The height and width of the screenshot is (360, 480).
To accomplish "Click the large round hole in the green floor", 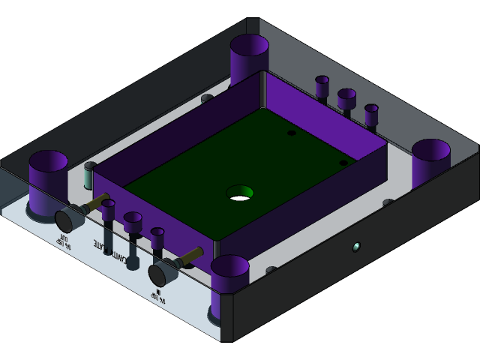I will point(240,193).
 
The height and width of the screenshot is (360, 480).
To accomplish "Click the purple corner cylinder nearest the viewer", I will point(229,281).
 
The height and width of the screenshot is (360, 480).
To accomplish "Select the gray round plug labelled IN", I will point(160,274).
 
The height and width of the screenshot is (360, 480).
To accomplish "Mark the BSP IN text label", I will point(160,295).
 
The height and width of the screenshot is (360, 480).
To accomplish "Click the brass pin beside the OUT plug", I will point(96,202).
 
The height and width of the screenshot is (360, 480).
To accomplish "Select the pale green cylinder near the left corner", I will point(88,177).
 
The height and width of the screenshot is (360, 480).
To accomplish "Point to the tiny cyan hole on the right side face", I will point(356,246).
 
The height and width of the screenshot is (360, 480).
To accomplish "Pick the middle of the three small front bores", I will point(133,222).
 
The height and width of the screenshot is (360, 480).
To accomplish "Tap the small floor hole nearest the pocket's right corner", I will point(343,162).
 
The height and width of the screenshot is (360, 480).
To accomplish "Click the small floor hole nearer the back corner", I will point(291,133).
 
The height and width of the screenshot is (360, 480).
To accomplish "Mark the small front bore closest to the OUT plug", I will point(108,207).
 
